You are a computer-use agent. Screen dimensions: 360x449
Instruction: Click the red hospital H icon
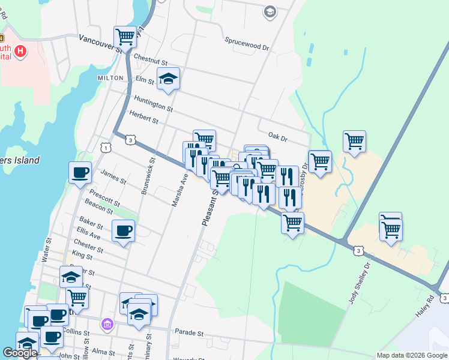click(x=21, y=51)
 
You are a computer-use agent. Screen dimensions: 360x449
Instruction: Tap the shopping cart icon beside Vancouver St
click(x=125, y=36)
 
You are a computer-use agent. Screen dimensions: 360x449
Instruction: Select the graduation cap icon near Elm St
click(x=169, y=79)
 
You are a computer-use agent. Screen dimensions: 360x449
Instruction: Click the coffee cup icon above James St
click(x=80, y=173)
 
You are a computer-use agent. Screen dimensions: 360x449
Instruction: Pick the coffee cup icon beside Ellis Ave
click(x=124, y=231)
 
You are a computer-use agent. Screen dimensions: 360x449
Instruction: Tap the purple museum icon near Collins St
click(x=107, y=325)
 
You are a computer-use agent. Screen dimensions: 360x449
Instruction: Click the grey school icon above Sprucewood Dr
click(x=270, y=11)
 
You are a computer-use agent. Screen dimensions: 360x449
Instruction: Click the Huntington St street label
click(x=154, y=105)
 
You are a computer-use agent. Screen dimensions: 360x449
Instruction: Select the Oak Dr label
click(x=278, y=137)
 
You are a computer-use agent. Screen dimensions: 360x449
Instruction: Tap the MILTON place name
click(x=110, y=78)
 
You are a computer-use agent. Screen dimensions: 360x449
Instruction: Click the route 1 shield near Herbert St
click(x=106, y=148)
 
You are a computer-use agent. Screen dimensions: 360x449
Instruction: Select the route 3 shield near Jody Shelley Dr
click(x=358, y=250)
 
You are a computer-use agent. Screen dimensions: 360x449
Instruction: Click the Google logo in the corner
click(x=20, y=353)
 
